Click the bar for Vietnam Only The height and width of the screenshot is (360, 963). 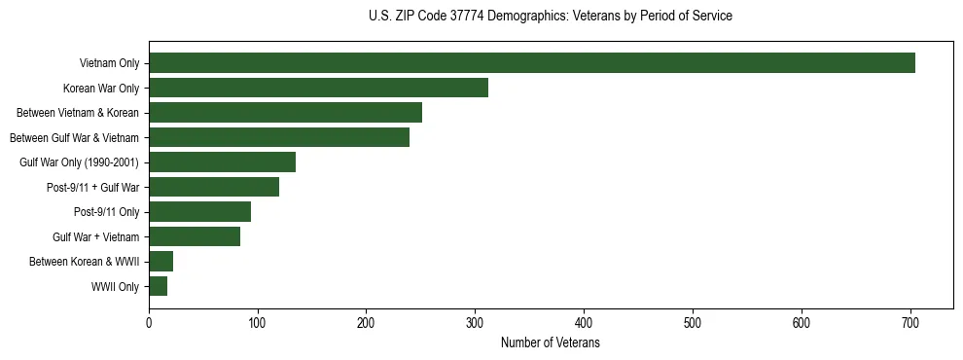point(532,63)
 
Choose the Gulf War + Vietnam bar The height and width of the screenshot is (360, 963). point(195,236)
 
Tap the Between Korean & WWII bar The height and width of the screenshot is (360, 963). point(160,261)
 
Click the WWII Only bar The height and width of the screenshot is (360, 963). point(158,286)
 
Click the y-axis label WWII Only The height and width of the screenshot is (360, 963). point(115,287)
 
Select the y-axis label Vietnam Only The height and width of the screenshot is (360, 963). point(109,64)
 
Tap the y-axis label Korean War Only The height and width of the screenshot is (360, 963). point(101,89)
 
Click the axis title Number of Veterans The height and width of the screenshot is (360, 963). point(550,342)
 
